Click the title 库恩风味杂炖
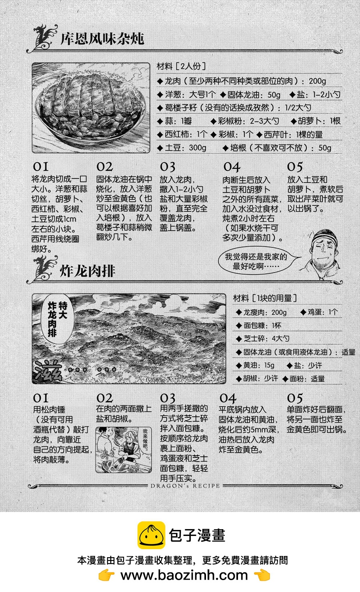pyautogui.click(x=102, y=38)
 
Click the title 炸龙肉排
pyautogui.click(x=88, y=271)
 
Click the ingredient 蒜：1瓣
pyautogui.click(x=174, y=121)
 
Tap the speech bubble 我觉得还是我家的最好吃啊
pyautogui.click(x=256, y=261)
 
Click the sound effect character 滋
pyautogui.click(x=48, y=370)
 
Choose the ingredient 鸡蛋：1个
pyautogui.click(x=319, y=312)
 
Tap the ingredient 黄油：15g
pyautogui.click(x=255, y=365)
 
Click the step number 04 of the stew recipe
pyautogui.click(x=232, y=167)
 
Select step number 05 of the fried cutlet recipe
pyautogui.click(x=295, y=398)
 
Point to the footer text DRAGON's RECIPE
pyautogui.click(x=185, y=486)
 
